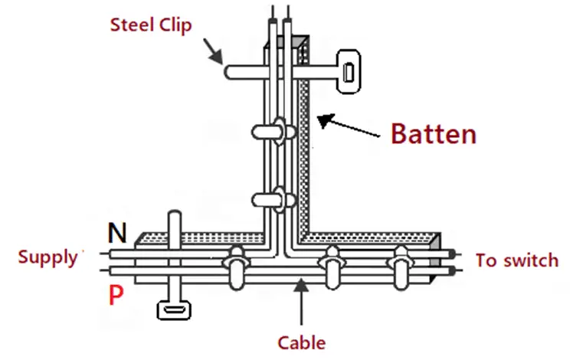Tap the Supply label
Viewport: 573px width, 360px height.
tap(47, 257)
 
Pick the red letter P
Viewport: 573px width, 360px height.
tap(116, 295)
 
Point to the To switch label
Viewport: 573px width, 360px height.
tap(516, 260)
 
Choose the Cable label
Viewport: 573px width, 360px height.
tap(301, 342)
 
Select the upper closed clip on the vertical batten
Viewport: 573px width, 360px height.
tap(274, 131)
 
